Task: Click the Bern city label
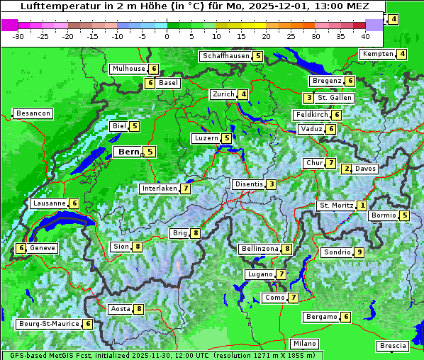point(128,152)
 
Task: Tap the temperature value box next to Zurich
point(243,94)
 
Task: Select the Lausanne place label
point(49,203)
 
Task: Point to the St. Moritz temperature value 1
point(362,206)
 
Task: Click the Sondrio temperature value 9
point(359,252)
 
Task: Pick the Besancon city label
point(33,113)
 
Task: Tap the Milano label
point(306,343)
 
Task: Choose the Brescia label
point(393,346)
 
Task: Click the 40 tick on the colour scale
point(365,36)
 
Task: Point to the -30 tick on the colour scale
point(18,36)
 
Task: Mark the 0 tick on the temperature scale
point(167,36)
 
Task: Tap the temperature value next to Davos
point(346,169)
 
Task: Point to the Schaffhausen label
point(225,56)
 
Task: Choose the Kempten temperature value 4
point(402,55)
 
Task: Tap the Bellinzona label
point(259,249)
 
